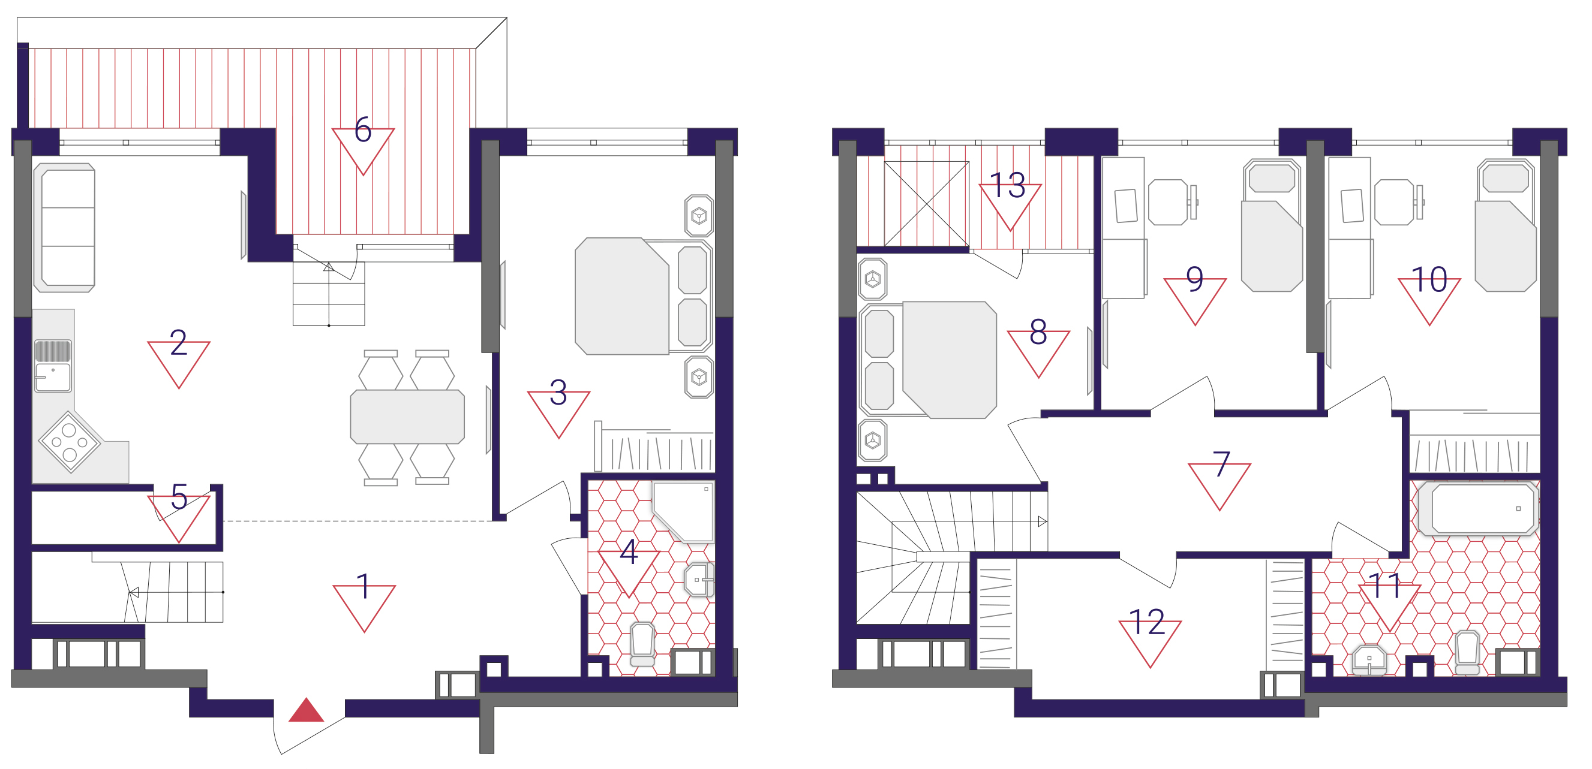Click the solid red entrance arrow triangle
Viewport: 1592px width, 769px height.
click(x=306, y=711)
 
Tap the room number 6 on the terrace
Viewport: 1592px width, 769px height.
click(x=363, y=129)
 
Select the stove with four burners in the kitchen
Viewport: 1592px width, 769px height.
click(x=69, y=442)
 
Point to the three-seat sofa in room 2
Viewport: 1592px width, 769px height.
click(x=64, y=227)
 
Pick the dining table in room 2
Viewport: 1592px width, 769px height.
click(x=407, y=417)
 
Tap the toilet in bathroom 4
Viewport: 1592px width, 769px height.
click(x=642, y=644)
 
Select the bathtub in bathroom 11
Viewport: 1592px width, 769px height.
click(x=1477, y=508)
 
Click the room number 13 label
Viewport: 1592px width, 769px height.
click(x=1007, y=185)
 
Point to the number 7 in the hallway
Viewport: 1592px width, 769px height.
click(x=1221, y=464)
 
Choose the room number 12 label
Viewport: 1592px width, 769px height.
click(x=1146, y=622)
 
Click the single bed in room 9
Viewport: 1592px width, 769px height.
click(x=1272, y=225)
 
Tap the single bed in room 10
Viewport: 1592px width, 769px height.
click(x=1506, y=225)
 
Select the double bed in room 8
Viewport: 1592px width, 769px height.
click(x=928, y=360)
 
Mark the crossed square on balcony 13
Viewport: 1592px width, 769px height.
click(x=926, y=204)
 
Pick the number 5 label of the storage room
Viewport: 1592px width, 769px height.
click(x=179, y=497)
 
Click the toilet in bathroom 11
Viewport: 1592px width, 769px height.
click(x=1467, y=653)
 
